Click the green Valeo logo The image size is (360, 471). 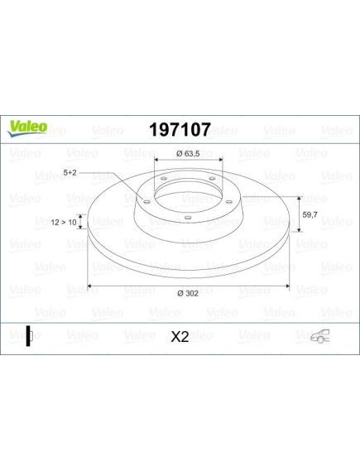click(27, 128)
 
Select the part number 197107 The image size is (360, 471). click(180, 129)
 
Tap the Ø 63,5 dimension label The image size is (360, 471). click(188, 154)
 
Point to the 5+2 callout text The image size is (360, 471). click(70, 172)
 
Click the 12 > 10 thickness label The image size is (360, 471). click(64, 223)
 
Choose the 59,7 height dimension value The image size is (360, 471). click(310, 214)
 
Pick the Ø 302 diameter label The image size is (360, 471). click(188, 293)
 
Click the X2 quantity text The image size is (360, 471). click(180, 337)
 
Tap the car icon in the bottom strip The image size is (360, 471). click(319, 336)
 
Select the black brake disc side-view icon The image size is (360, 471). click(29, 336)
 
